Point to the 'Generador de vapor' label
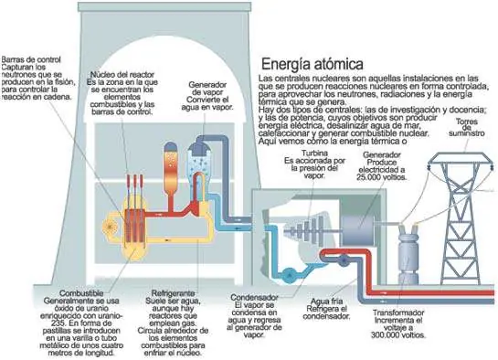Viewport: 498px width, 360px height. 207,89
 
